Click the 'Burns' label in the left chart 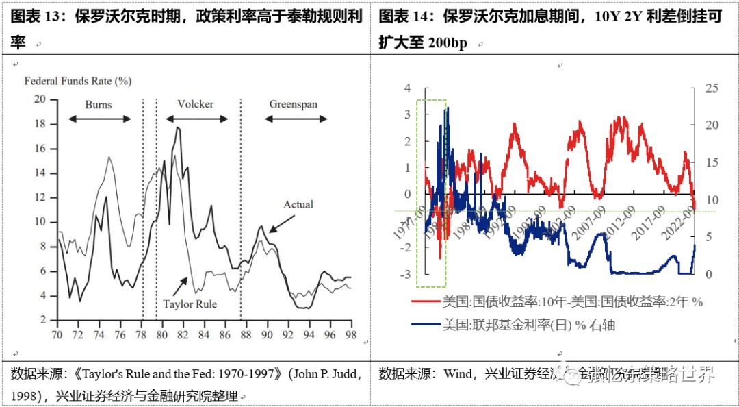(99, 105)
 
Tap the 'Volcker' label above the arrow (196, 105)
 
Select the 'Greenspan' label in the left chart (293, 105)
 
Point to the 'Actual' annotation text (298, 204)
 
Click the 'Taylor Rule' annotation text (190, 304)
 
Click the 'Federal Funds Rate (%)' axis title (78, 81)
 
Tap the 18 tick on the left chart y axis (40, 124)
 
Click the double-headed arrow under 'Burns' (100, 119)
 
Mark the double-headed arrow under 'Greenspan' (296, 119)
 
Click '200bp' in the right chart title (448, 43)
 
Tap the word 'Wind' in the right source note (458, 374)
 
